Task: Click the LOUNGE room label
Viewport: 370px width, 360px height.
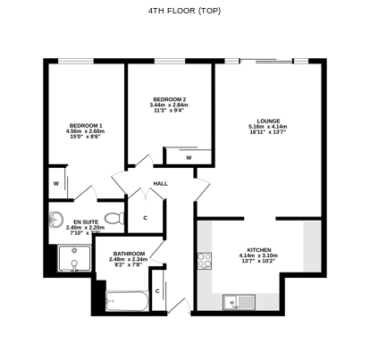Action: point(269,121)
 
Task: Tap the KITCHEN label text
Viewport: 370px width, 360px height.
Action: point(259,249)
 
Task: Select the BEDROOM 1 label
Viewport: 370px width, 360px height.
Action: point(86,125)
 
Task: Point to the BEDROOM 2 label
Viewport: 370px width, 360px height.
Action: point(169,98)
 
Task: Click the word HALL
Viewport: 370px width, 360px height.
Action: point(161,184)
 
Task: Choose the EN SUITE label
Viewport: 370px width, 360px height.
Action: point(86,221)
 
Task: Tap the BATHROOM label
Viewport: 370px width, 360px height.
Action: point(127,254)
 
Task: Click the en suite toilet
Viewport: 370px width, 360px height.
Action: point(113,217)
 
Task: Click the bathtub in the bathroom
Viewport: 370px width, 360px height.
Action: point(126,301)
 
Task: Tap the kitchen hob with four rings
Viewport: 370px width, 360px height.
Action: point(205,261)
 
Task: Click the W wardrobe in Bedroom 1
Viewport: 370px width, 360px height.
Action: point(56,184)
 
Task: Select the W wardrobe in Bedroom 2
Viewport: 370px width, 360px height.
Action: point(189,157)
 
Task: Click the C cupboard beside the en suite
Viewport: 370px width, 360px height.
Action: point(146,217)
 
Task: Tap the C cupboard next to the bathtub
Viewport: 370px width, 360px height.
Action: point(157,291)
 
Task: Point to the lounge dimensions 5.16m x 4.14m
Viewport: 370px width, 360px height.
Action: point(269,128)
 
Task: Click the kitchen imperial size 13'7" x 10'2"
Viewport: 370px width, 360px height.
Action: point(259,264)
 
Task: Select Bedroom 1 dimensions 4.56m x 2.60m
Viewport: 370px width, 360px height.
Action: point(86,132)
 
